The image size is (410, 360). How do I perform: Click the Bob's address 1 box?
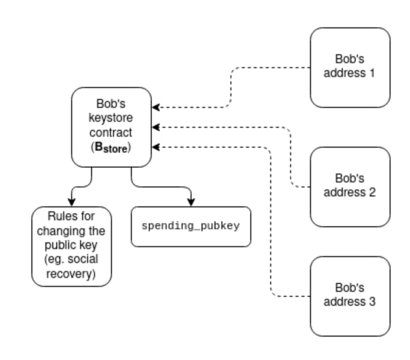[350, 67]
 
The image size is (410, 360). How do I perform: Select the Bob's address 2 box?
[350, 186]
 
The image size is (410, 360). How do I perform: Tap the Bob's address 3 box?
[350, 296]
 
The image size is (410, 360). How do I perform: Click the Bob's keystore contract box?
[111, 127]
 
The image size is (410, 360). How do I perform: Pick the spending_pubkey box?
[191, 226]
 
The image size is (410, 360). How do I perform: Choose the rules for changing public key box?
[71, 246]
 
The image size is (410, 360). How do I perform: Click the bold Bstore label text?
[111, 148]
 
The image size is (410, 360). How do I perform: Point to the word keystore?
[111, 119]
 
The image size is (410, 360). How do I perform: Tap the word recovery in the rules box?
[71, 274]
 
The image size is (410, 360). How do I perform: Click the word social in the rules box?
[85, 260]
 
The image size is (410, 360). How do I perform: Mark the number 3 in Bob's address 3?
[372, 302]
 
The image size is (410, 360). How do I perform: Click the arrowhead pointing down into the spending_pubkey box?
[191, 202]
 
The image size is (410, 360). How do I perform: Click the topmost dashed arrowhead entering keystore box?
[156, 107]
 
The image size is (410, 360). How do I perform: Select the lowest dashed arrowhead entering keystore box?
[156, 147]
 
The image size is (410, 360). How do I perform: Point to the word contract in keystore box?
[111, 133]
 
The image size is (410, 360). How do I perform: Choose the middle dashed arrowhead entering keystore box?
[156, 127]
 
